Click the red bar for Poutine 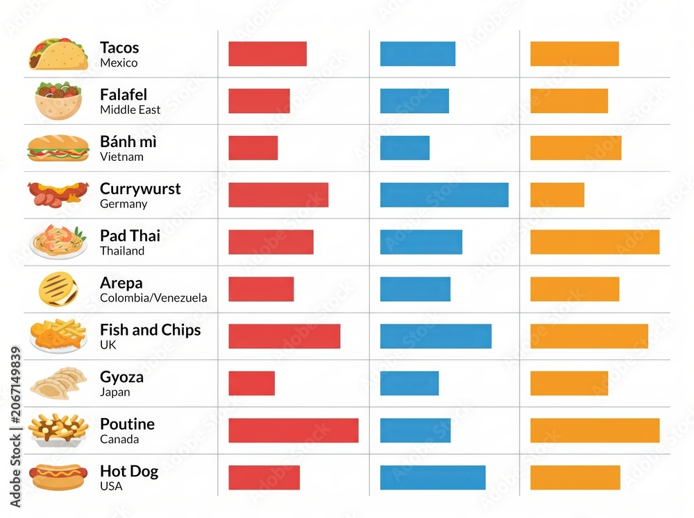(294, 431)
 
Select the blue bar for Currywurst (444, 195)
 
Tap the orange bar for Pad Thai (595, 242)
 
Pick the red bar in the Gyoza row (251, 383)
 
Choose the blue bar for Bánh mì (405, 148)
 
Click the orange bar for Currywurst (557, 195)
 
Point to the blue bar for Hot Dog (433, 478)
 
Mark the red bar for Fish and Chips (284, 336)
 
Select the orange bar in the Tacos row (575, 53)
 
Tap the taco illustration (58, 54)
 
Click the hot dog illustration (58, 477)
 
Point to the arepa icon (58, 289)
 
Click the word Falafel (124, 95)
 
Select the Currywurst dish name (140, 189)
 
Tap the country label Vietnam (121, 157)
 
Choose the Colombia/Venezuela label (153, 297)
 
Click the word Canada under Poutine (119, 439)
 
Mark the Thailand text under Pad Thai (122, 251)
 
